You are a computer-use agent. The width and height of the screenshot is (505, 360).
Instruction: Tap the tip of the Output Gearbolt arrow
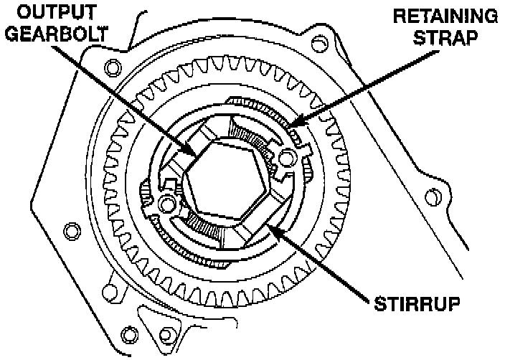(x=196, y=156)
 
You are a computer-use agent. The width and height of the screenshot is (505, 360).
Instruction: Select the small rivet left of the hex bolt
(x=168, y=204)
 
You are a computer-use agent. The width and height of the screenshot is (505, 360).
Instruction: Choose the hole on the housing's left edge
(x=70, y=232)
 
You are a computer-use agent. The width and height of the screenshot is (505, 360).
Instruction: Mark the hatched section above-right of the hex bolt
(x=255, y=132)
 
